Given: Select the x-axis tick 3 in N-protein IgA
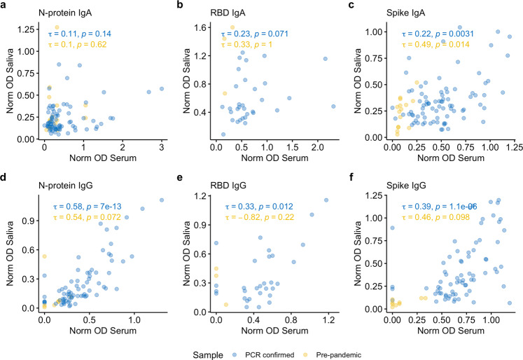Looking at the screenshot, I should [162, 147].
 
